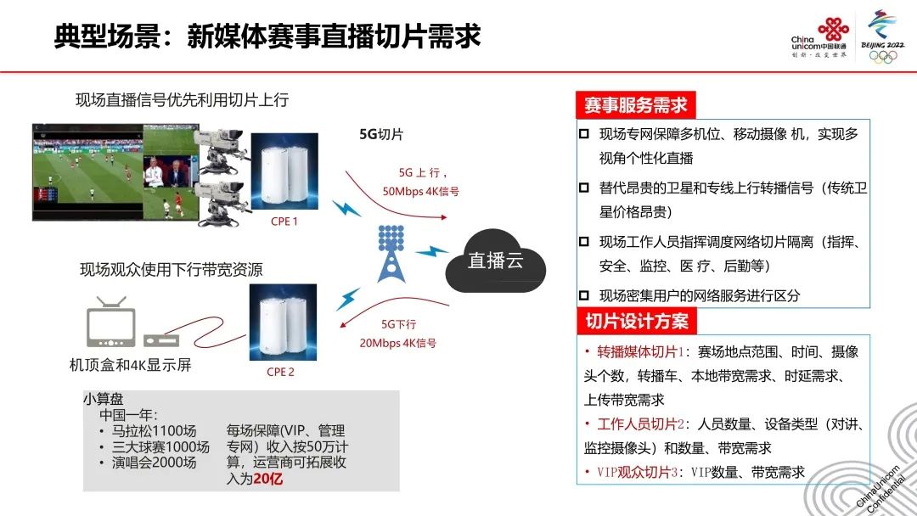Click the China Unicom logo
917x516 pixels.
tap(819, 37)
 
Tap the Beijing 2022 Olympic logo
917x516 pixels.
tap(882, 36)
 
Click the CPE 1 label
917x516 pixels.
tap(284, 222)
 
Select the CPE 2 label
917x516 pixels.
tap(281, 373)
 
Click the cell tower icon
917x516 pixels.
tap(391, 253)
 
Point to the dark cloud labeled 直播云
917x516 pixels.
tap(495, 261)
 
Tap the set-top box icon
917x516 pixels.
tap(161, 340)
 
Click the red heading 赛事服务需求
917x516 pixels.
tap(636, 105)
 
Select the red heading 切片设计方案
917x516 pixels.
tap(636, 322)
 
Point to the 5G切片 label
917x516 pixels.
tap(381, 134)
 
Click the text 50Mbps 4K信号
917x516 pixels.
tap(421, 192)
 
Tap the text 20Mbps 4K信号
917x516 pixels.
tap(397, 343)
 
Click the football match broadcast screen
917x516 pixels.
tap(115, 171)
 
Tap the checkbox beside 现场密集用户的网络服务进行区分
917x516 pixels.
tap(583, 295)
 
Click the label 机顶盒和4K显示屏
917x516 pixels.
tap(131, 365)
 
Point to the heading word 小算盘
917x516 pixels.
tap(104, 399)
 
